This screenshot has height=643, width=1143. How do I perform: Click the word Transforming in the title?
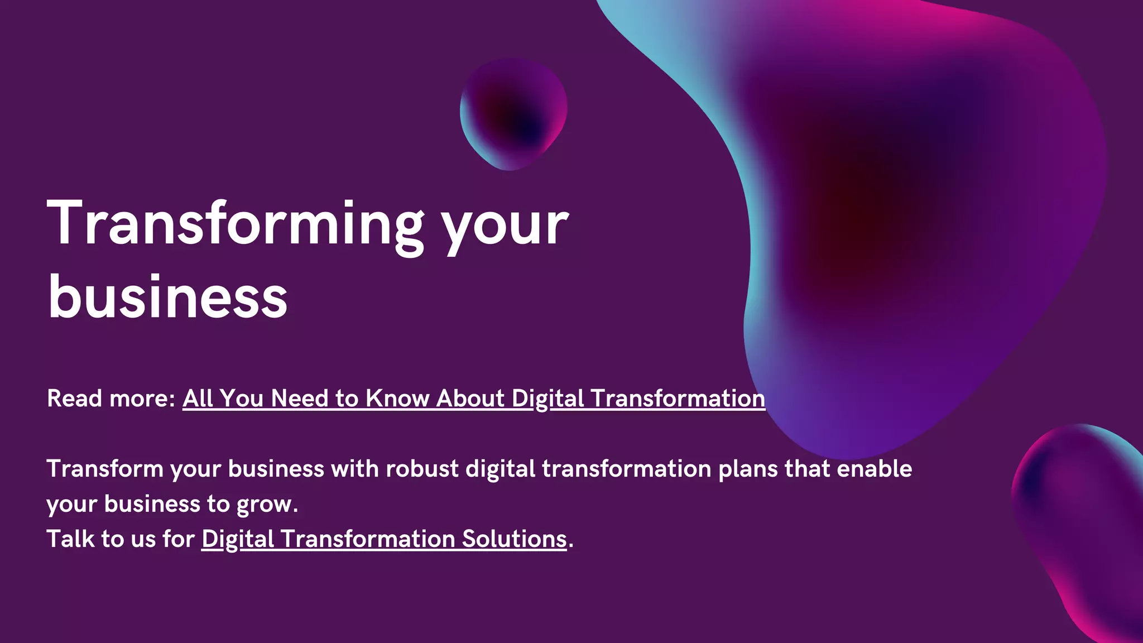click(x=234, y=223)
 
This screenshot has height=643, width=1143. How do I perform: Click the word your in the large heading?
click(x=505, y=226)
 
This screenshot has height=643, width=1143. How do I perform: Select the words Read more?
click(x=111, y=399)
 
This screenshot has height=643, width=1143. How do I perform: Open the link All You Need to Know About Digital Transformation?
click(x=473, y=399)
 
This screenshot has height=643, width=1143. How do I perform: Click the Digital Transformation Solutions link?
click(x=384, y=539)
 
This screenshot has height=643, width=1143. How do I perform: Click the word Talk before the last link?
click(x=70, y=539)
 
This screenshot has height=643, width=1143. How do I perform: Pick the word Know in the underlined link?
click(x=397, y=399)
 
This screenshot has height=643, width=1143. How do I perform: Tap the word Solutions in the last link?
click(x=514, y=539)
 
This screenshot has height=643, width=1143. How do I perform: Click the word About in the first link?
click(x=470, y=399)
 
